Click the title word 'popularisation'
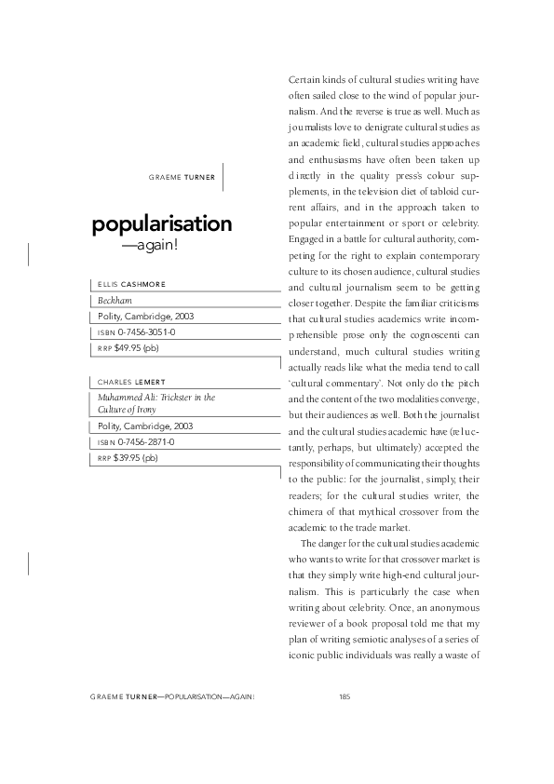(x=161, y=224)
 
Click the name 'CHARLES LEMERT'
(x=131, y=382)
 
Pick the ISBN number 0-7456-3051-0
(x=147, y=331)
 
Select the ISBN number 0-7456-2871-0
(x=147, y=441)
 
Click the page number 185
(x=345, y=696)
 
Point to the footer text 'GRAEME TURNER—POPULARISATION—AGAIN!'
(x=173, y=696)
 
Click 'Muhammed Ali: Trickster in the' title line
(x=156, y=397)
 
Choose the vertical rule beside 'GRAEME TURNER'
(x=224, y=176)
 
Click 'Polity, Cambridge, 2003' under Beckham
(x=146, y=317)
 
